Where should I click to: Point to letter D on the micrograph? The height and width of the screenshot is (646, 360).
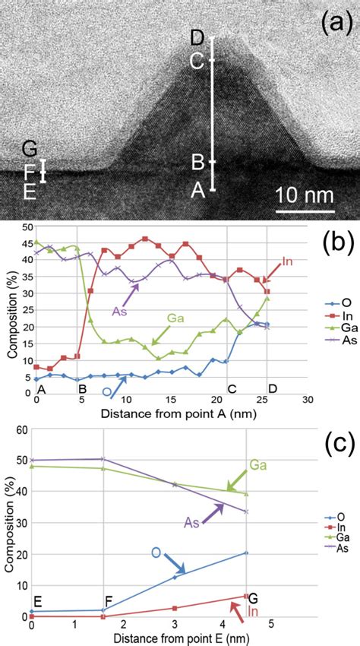[x=197, y=38]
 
